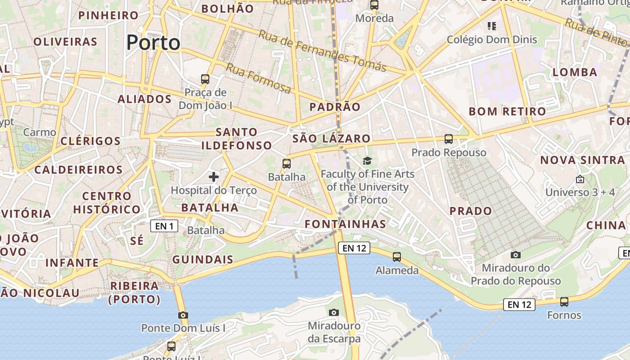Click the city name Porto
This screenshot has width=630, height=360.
click(153, 43)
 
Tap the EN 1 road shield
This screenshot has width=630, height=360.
click(164, 226)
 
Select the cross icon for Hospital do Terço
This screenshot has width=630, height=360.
click(214, 176)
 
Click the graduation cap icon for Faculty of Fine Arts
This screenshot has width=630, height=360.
click(368, 161)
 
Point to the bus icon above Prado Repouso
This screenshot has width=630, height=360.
click(449, 139)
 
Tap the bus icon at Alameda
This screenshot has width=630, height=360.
click(396, 257)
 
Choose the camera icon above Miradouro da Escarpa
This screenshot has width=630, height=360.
click(333, 312)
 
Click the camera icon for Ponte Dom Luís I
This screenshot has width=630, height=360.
click(183, 315)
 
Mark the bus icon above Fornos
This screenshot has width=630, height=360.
click(564, 301)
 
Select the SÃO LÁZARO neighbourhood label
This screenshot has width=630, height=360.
click(331, 139)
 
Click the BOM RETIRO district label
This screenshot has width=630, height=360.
click(507, 111)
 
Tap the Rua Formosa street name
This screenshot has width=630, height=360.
click(258, 78)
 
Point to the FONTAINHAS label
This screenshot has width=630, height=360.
click(345, 224)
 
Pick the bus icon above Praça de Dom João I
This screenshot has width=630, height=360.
click(205, 79)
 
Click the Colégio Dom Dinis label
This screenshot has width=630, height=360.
click(492, 40)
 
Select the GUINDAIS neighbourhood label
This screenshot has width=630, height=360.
click(203, 260)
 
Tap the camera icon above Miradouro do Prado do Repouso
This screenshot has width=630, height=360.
click(516, 255)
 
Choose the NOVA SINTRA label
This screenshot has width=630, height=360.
click(582, 160)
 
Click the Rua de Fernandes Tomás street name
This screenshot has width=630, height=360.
click(322, 49)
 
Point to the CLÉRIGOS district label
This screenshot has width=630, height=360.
click(90, 141)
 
